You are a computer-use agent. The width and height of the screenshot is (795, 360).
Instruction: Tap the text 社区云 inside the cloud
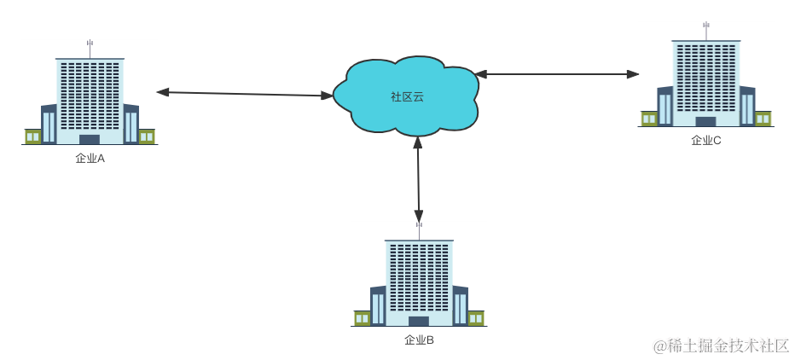click(407, 96)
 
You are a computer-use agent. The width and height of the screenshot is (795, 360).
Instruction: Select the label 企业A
click(90, 158)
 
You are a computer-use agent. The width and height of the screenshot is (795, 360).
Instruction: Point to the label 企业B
click(419, 340)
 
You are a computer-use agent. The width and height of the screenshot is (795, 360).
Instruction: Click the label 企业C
click(705, 140)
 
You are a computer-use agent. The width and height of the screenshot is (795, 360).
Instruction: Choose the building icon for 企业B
click(419, 282)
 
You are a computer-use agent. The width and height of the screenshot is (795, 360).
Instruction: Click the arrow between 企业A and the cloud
click(243, 94)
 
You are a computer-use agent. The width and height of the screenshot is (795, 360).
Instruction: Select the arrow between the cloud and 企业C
click(559, 74)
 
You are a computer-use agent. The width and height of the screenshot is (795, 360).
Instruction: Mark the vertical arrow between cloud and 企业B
click(418, 179)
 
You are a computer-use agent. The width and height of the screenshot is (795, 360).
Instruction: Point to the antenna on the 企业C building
click(705, 27)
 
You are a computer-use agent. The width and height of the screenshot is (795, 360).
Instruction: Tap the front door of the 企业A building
click(90, 139)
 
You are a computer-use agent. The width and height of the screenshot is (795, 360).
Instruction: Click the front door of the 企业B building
click(419, 321)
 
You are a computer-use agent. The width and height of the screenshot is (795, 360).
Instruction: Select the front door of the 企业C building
click(705, 121)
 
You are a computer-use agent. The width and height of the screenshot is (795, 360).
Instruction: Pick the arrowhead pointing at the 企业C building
click(632, 74)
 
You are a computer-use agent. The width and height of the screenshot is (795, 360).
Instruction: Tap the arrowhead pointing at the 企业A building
click(163, 91)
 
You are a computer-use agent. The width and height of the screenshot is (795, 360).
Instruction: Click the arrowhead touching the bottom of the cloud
click(418, 143)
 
